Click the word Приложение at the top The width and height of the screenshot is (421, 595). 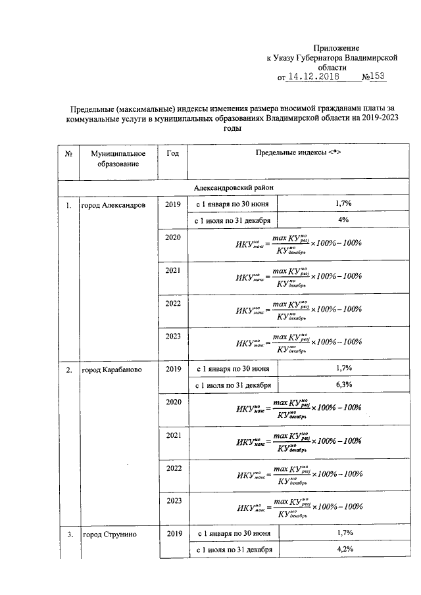coord(337,48)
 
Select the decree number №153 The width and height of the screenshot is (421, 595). coord(373,77)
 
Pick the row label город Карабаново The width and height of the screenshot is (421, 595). coord(109,370)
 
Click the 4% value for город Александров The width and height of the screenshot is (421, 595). coord(343,220)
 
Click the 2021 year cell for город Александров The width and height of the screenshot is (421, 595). coord(173,271)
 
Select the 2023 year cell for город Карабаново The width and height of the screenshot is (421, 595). coord(173,501)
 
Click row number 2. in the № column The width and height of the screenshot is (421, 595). coord(68,370)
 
